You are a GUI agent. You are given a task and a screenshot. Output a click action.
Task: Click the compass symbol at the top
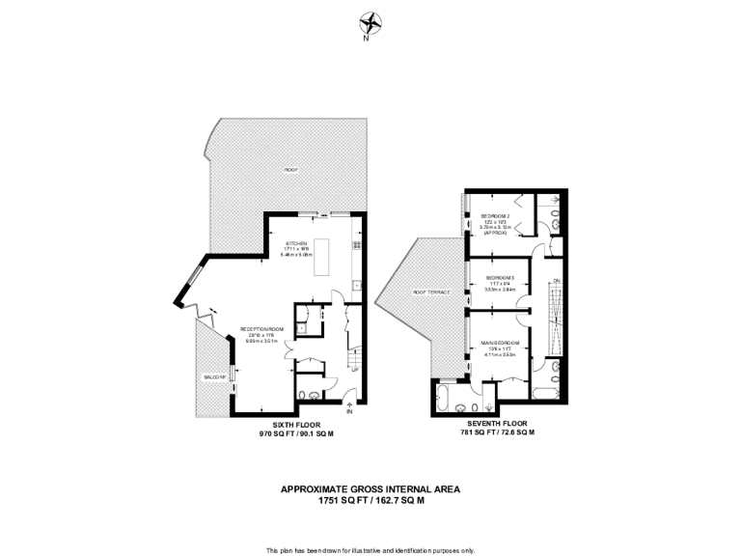(x=370, y=23)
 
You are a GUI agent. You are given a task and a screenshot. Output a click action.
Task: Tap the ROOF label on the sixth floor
(x=290, y=170)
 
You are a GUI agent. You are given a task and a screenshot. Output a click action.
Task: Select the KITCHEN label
(x=295, y=242)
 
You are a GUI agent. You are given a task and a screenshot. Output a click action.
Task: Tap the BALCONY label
(x=214, y=376)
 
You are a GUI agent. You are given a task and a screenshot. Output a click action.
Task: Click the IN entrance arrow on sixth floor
(x=350, y=404)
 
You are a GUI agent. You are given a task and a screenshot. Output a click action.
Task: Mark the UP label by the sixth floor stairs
(x=354, y=370)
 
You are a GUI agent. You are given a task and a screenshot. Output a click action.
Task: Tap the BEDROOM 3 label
(x=501, y=278)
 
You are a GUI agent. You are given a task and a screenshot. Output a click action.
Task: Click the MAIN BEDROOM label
(x=501, y=343)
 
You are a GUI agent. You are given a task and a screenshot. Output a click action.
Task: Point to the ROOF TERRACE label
(x=431, y=292)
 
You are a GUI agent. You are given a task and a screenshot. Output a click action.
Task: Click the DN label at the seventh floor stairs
(x=556, y=280)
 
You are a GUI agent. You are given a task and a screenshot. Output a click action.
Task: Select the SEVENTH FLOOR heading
(x=497, y=424)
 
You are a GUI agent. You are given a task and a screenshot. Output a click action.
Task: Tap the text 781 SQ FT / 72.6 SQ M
(x=497, y=433)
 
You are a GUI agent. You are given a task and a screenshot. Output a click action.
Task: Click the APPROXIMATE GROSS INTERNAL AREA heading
(x=370, y=489)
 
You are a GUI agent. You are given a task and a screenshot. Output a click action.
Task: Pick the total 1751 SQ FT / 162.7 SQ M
(x=370, y=501)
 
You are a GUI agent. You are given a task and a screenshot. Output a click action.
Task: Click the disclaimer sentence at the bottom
(x=370, y=549)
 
